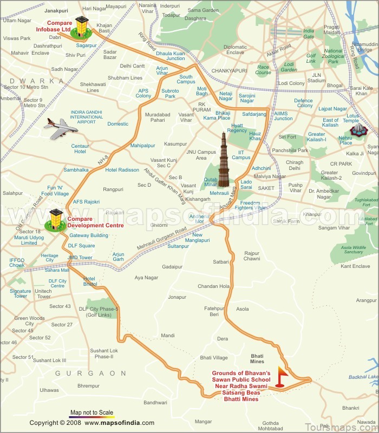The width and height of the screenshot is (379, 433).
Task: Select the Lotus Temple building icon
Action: click(x=358, y=129)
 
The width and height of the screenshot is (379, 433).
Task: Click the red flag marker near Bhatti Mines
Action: click(x=281, y=376)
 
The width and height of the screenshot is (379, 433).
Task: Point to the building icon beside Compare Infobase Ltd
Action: click(x=82, y=28)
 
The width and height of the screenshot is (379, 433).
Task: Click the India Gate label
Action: click(x=309, y=34)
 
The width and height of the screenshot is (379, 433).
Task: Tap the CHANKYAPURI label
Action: click(x=229, y=70)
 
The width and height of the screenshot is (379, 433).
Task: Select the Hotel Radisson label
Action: click(x=122, y=170)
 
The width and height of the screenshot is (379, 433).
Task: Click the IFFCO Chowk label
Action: click(x=17, y=263)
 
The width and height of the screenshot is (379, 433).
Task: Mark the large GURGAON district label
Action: click(x=90, y=373)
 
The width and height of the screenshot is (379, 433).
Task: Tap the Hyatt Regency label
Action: click(x=237, y=128)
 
